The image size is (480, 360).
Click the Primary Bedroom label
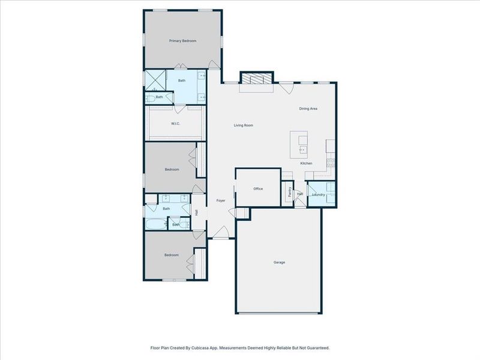[x=182, y=41]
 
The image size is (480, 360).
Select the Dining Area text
[x=308, y=109]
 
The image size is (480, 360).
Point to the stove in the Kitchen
[x=331, y=162]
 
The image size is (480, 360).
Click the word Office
[x=258, y=188]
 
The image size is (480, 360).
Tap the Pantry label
[x=290, y=193]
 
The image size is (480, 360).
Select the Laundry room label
[x=319, y=194]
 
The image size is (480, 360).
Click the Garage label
[x=279, y=262]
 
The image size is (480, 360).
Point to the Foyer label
[x=220, y=200]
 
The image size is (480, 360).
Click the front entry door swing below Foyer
[x=222, y=231]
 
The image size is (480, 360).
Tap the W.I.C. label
[x=176, y=124]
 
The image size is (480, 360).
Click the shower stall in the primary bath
[x=156, y=80]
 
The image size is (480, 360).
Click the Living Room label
[x=244, y=125]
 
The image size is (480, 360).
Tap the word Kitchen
[x=306, y=163]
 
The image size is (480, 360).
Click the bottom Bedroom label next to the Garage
[x=172, y=255]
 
